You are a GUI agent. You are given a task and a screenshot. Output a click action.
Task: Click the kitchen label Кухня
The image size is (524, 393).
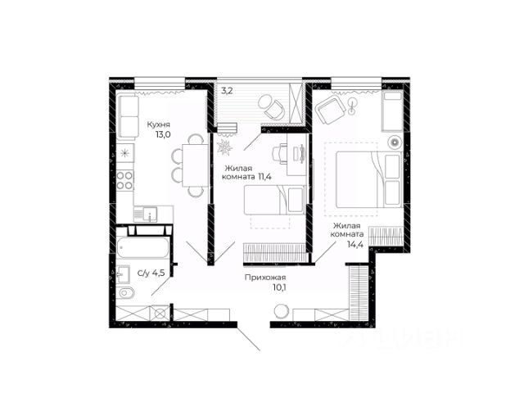(x=159, y=124)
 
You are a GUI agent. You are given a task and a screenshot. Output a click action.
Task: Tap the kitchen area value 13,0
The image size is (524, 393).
(x=163, y=134)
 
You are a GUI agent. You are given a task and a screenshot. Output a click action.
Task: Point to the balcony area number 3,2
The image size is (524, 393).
(x=227, y=91)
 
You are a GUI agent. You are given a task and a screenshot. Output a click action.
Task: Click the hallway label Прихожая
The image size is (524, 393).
(x=265, y=278)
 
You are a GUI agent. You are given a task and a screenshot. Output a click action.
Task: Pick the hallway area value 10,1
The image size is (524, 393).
(x=280, y=287)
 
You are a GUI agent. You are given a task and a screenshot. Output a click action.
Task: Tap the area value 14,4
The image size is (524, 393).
(x=355, y=244)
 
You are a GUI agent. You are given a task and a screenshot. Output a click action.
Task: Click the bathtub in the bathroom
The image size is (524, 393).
(x=142, y=247)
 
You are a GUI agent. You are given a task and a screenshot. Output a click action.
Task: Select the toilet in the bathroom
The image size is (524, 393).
(x=126, y=293)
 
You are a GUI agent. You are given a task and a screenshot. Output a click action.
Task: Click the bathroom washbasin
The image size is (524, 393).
(x=124, y=274)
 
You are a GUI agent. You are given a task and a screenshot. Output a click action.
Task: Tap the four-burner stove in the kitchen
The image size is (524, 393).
(x=124, y=180)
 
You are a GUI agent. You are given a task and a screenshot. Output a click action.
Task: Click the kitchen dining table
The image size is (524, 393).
(x=195, y=165)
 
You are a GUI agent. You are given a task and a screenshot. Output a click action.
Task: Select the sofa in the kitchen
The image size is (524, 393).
(x=128, y=117)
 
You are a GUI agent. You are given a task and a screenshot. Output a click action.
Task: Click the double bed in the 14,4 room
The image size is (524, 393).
(x=369, y=179)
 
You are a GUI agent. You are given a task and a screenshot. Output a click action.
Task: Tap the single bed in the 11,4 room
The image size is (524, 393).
(x=275, y=200)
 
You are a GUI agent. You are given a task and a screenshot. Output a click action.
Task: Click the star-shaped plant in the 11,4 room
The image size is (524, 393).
(x=224, y=147)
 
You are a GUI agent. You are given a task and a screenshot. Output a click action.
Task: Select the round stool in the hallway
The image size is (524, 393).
(x=281, y=311)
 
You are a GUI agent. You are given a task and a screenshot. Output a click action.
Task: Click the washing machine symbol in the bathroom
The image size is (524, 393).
(x=160, y=314)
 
